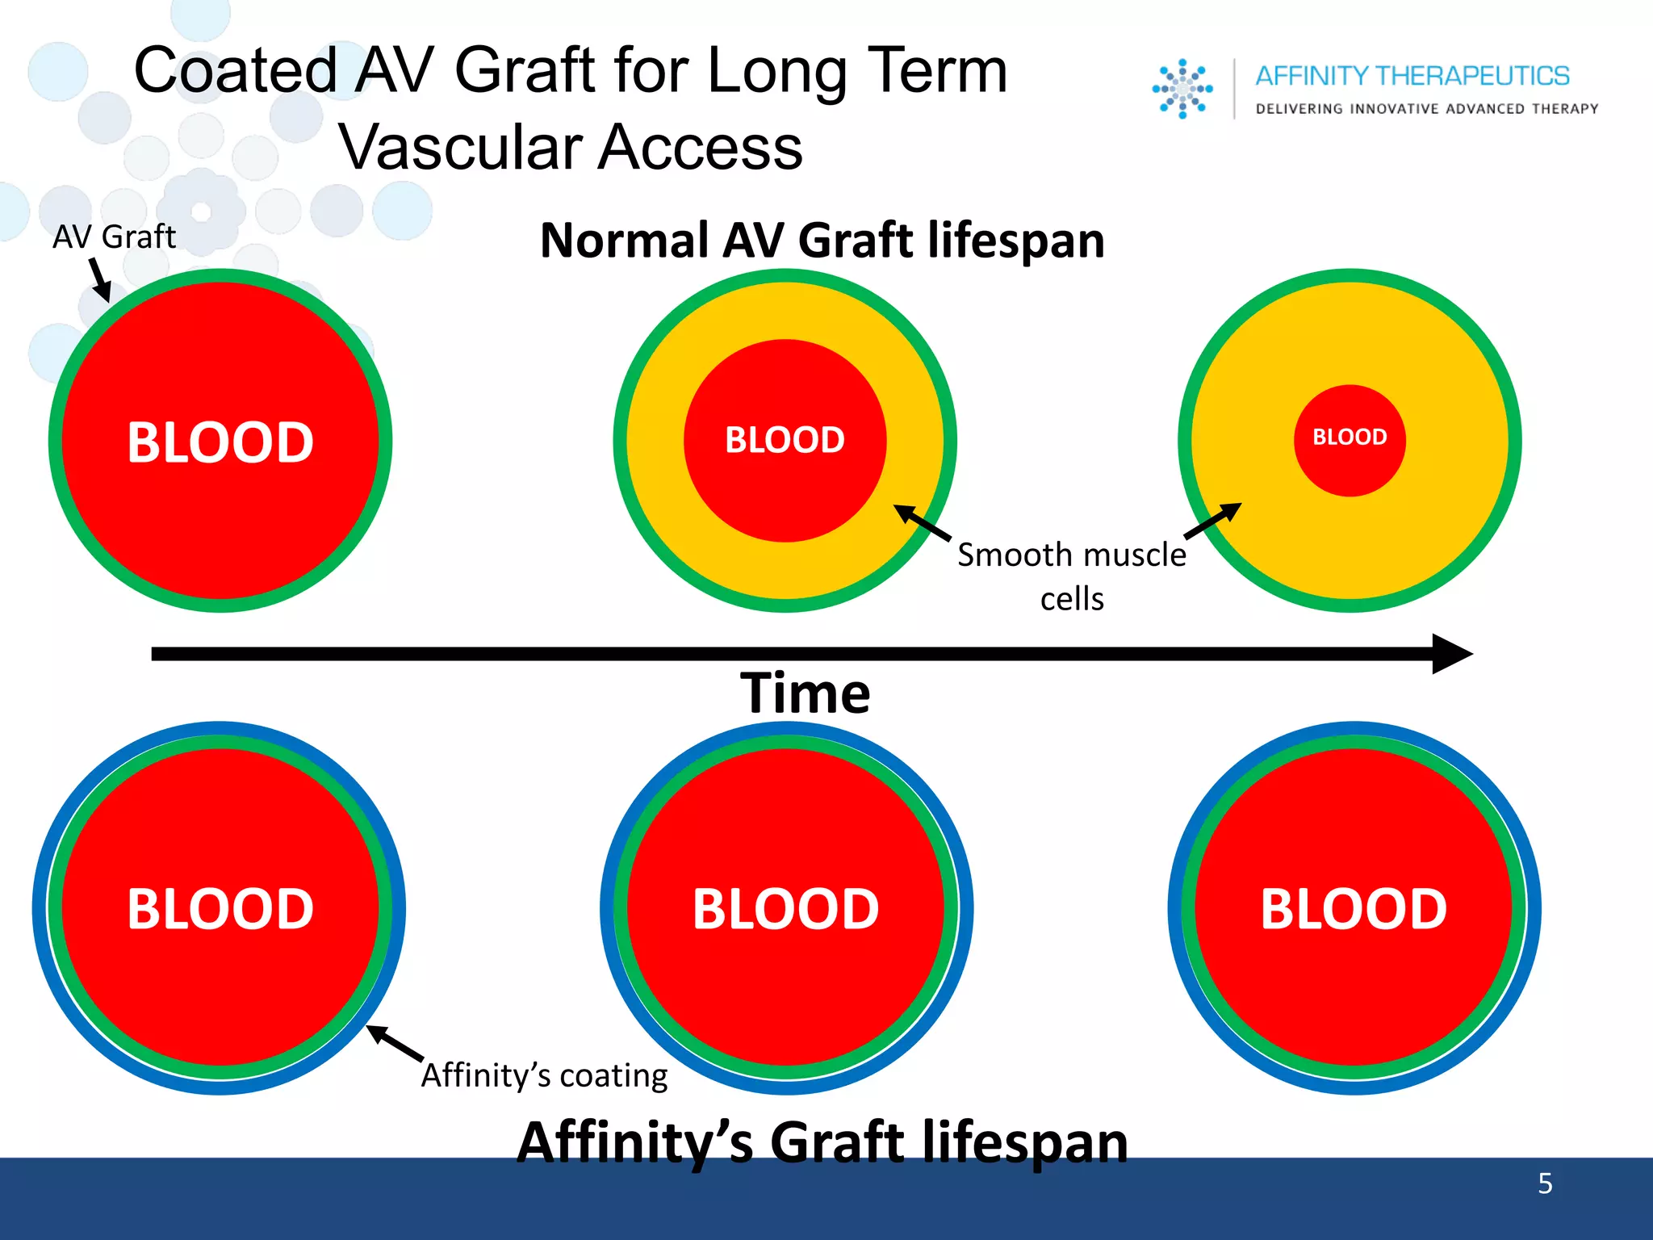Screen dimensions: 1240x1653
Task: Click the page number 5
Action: click(x=1545, y=1183)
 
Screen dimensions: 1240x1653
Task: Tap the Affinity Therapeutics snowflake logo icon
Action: click(x=1182, y=89)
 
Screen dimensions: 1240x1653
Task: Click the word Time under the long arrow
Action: click(x=806, y=693)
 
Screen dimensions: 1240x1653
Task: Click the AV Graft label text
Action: click(x=114, y=237)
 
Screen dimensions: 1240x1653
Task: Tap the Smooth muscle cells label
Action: click(x=1072, y=576)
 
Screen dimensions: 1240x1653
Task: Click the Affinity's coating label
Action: click(x=545, y=1076)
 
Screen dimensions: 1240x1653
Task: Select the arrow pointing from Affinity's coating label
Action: click(x=395, y=1043)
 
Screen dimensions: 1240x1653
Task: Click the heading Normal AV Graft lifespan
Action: click(x=822, y=241)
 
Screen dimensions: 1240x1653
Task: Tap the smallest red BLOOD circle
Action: click(x=1350, y=440)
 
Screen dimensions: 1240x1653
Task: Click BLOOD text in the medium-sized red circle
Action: click(x=785, y=440)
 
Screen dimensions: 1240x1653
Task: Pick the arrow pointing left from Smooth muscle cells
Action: click(x=923, y=522)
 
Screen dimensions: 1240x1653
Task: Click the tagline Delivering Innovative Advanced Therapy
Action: click(x=1426, y=109)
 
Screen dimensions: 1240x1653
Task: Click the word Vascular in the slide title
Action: click(x=460, y=148)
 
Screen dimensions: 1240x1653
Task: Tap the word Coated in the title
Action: click(x=235, y=71)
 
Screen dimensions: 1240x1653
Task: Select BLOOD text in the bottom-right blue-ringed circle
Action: click(x=1354, y=909)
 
